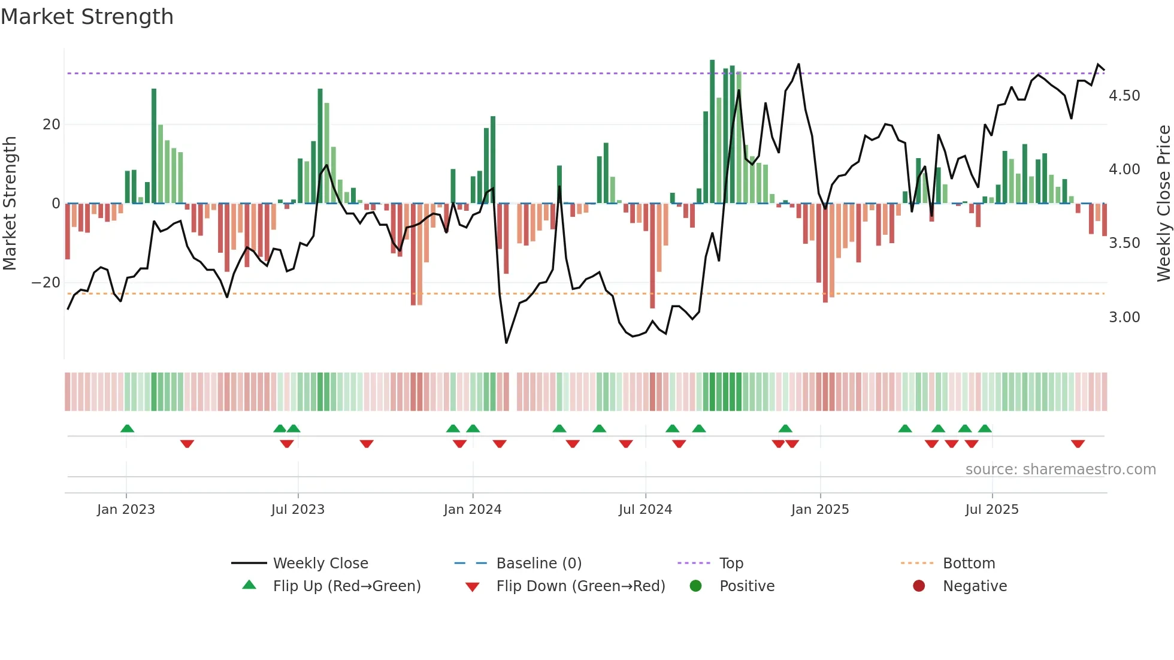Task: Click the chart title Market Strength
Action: (x=87, y=17)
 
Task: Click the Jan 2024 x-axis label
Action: (x=472, y=510)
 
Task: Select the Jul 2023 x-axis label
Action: (x=298, y=510)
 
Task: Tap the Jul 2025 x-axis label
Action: (x=991, y=510)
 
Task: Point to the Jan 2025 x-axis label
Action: (x=819, y=510)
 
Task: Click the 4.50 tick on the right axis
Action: (x=1124, y=96)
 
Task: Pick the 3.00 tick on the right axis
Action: (x=1124, y=317)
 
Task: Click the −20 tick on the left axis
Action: (x=46, y=283)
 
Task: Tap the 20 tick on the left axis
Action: (x=52, y=125)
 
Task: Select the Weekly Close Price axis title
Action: (x=1163, y=204)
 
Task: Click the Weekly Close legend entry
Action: (x=320, y=564)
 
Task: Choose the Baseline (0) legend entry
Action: (x=538, y=564)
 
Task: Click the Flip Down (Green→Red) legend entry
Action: (x=580, y=586)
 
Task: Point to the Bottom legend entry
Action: (x=969, y=564)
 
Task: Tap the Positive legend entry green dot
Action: (x=695, y=586)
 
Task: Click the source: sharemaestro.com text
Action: (x=1060, y=470)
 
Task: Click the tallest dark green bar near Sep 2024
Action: (x=712, y=132)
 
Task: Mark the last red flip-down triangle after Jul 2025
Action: (x=1078, y=444)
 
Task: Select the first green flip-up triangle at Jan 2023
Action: (x=127, y=428)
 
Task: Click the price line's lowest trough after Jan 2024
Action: (x=506, y=343)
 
